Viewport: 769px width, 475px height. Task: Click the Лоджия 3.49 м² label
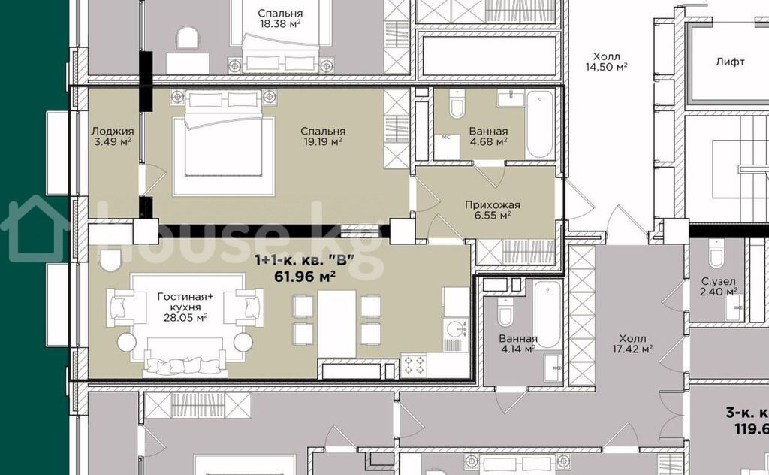(113, 137)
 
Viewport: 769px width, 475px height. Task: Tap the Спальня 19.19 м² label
(323, 137)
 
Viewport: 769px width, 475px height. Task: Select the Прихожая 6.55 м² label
(493, 210)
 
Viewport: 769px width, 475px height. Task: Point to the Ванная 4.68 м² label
(488, 137)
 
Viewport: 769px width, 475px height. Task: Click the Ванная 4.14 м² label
(518, 344)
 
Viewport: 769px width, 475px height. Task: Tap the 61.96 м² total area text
(305, 277)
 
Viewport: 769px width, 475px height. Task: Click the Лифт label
(730, 62)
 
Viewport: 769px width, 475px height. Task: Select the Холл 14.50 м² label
(607, 62)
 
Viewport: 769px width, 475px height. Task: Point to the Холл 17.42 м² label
(632, 344)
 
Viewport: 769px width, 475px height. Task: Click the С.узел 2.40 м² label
(719, 286)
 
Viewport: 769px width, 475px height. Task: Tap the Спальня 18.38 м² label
(280, 19)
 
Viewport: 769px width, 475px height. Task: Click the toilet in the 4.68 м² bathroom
(457, 104)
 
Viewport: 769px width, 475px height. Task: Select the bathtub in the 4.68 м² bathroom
(540, 124)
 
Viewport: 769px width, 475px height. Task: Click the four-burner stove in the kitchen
(414, 365)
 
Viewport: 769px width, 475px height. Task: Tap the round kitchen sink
(456, 328)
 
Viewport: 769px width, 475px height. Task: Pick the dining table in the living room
(336, 324)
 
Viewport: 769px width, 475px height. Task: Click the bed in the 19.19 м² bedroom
(223, 144)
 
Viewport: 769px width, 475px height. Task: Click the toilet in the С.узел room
(716, 253)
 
